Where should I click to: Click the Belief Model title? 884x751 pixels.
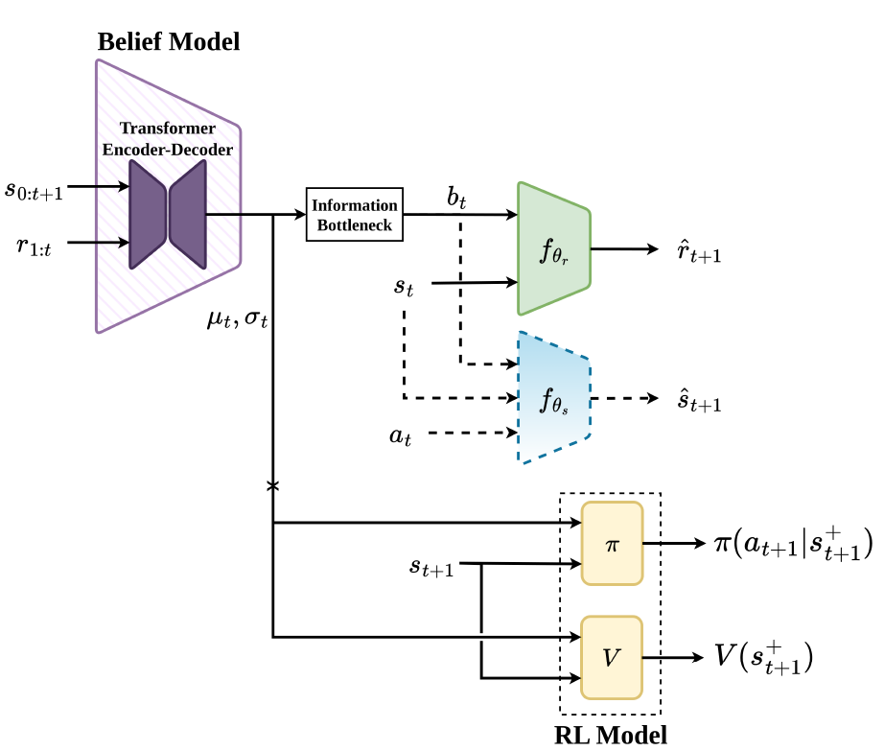pos(169,42)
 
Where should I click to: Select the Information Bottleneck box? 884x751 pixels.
pos(355,214)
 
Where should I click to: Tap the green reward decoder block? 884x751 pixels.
pos(554,248)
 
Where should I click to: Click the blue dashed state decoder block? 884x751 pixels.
pos(554,398)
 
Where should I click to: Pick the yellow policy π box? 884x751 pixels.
pos(613,544)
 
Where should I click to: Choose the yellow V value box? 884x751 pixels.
pos(612,657)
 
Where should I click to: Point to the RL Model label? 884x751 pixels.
pos(611,736)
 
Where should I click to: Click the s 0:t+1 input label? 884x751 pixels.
pos(34,190)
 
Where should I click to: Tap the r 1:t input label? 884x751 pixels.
pos(34,246)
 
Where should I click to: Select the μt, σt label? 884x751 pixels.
pos(238,319)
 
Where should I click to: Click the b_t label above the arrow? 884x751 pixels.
pos(456,198)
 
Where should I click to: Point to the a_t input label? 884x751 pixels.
pos(400,435)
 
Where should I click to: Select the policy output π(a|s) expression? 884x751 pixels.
pos(794,544)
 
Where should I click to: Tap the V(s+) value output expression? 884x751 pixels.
pos(764,657)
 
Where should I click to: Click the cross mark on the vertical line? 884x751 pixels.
pos(273,485)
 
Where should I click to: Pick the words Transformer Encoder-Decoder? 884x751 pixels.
pos(168,139)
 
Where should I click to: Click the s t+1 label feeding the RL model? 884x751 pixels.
pos(431,567)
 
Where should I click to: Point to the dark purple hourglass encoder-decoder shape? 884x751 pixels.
pos(168,214)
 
